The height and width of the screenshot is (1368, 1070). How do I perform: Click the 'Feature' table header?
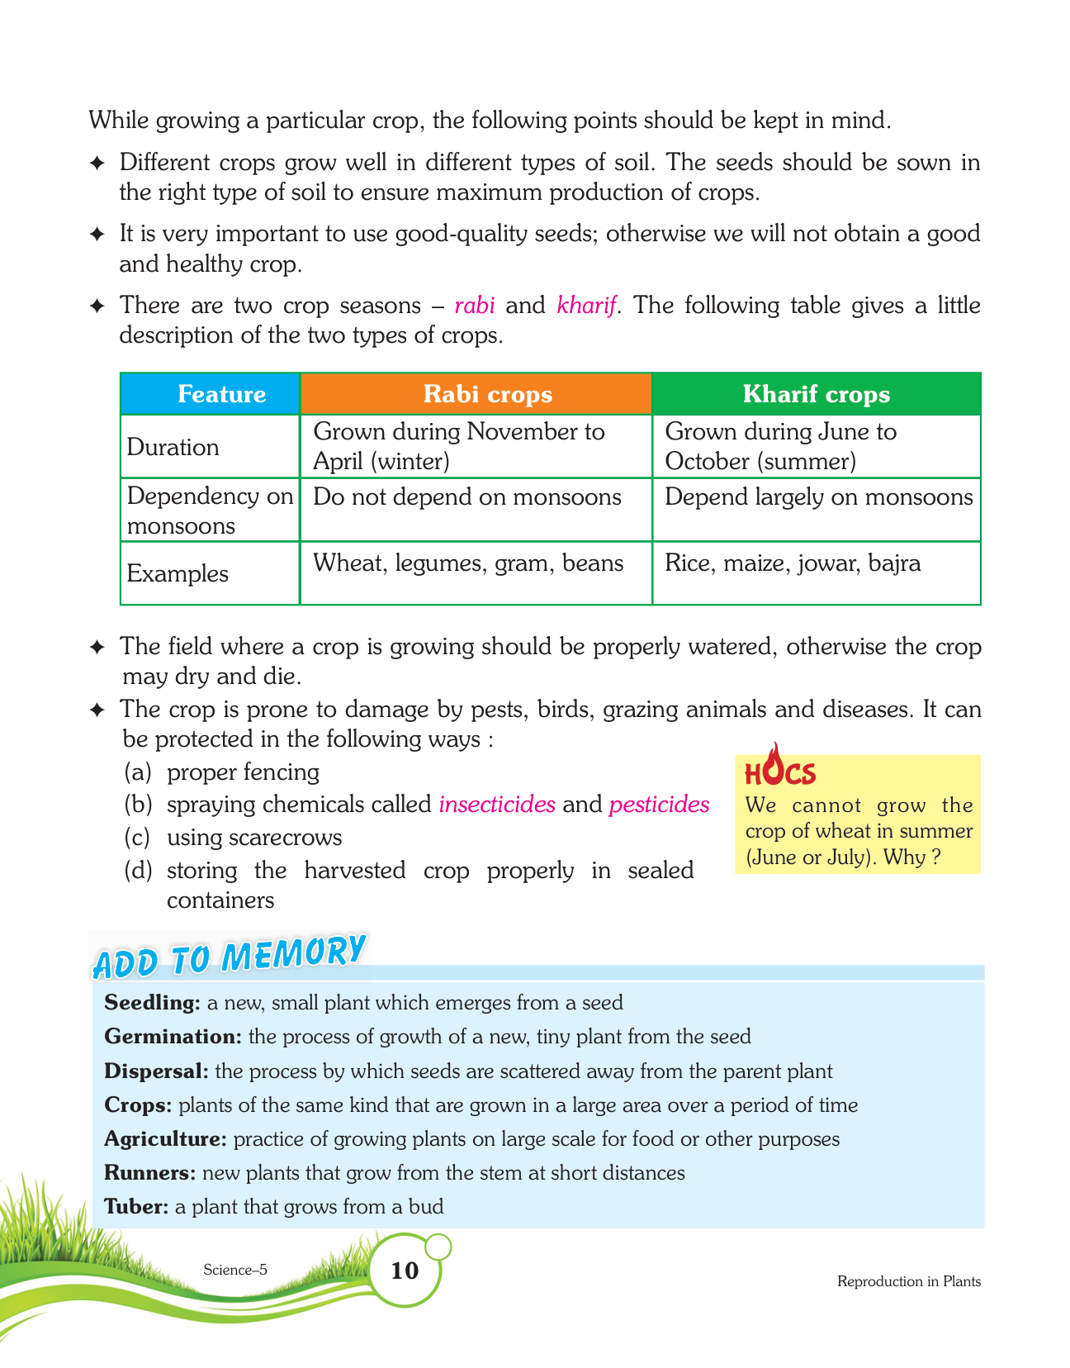221,394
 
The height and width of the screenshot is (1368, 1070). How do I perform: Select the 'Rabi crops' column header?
487,394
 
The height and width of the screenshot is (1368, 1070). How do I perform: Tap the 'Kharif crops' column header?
816,394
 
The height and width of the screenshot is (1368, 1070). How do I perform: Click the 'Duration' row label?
173,447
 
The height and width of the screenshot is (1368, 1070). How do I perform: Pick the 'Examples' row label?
178,573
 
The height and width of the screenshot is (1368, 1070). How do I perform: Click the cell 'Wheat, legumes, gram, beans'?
468,563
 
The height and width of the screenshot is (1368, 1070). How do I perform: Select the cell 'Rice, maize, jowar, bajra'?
793,563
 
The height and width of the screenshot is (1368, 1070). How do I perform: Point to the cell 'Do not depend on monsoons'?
467,497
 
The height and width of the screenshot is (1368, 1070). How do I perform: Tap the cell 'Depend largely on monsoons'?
818,497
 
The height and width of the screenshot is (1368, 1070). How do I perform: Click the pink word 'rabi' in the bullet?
475,306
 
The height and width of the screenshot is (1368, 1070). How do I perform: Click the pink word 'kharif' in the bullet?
587,306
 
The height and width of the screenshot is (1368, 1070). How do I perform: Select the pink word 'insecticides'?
497,804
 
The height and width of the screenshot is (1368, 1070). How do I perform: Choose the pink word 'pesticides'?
659,804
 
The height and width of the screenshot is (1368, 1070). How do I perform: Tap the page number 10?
405,1270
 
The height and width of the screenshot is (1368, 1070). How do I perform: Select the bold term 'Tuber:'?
136,1207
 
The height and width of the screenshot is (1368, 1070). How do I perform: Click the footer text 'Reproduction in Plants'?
909,1281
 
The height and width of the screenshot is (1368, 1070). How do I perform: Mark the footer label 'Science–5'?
235,1270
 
